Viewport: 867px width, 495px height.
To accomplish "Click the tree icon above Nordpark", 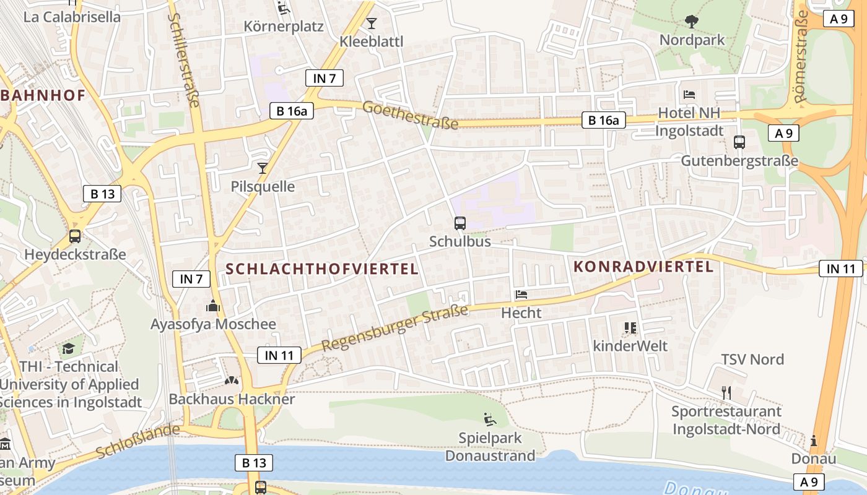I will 692,22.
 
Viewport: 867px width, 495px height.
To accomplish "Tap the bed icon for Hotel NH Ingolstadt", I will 689,95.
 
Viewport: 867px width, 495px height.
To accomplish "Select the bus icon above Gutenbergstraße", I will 739,142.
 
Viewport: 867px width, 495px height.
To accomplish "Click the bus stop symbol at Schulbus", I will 460,223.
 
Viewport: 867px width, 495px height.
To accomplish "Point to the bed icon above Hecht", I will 521,295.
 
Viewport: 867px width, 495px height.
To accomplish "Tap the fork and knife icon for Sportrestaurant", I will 726,392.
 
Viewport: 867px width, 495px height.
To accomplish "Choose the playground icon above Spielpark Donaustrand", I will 490,420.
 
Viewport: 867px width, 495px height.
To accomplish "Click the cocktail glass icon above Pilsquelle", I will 263,168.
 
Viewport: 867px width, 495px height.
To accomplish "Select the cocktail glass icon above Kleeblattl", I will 372,24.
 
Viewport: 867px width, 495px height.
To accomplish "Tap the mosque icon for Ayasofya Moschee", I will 213,305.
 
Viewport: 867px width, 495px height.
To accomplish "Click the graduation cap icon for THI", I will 68,348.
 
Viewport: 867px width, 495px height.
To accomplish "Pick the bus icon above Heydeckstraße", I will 75,236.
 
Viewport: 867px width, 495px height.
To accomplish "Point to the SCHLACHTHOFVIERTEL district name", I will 322,269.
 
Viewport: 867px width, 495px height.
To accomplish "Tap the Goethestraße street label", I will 411,116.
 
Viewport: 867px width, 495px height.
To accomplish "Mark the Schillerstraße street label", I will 184,59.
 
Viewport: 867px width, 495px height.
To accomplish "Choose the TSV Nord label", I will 752,359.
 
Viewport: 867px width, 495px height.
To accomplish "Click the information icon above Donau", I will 814,441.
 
